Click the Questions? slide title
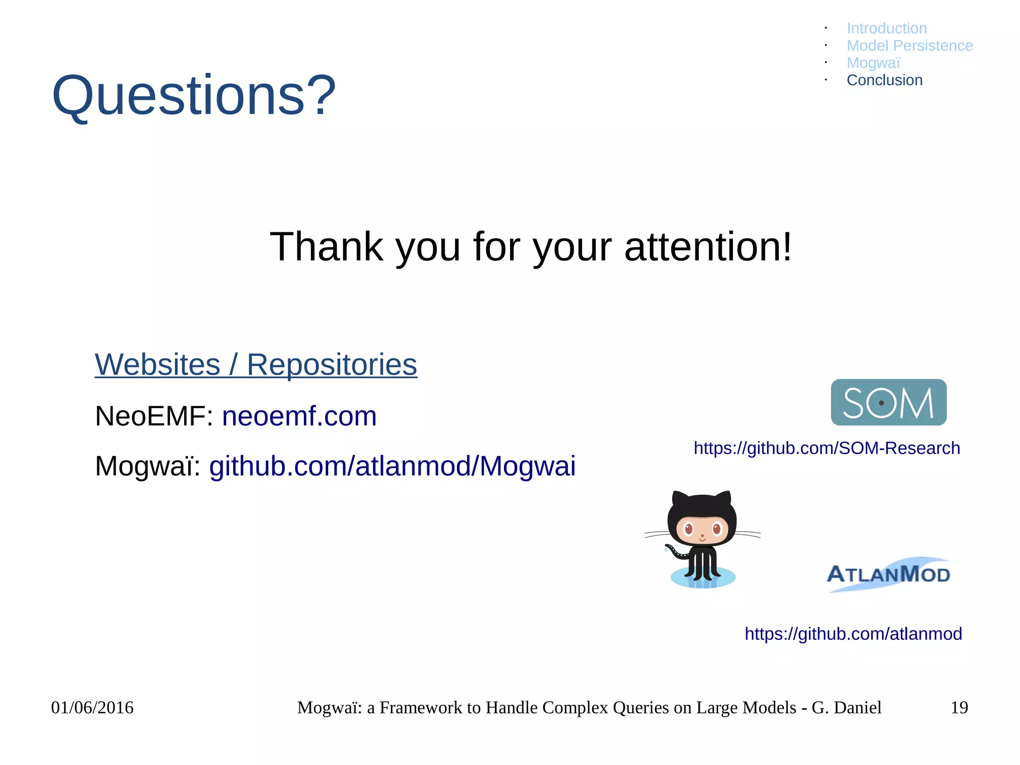point(194,95)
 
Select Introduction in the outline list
point(887,28)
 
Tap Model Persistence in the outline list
point(909,46)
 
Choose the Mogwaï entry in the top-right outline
point(873,63)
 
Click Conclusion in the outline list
point(885,80)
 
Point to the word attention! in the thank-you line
point(707,247)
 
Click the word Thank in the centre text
point(326,247)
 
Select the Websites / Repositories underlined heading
point(256,365)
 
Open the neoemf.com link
point(299,416)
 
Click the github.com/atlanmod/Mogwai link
point(392,466)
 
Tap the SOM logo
point(889,402)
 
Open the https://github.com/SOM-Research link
point(827,448)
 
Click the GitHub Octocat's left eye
point(689,528)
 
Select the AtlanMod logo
point(889,574)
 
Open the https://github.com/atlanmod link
point(853,634)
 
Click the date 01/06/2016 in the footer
point(92,708)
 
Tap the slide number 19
point(959,708)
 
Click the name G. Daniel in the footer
point(846,708)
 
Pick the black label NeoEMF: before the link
point(153,416)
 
